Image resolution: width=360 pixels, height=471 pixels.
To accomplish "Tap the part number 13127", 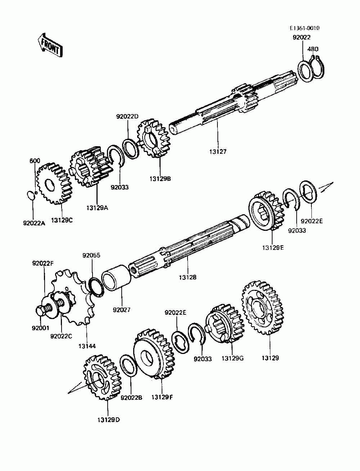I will [x=217, y=152].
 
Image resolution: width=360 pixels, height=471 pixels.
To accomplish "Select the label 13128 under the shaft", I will [x=188, y=277].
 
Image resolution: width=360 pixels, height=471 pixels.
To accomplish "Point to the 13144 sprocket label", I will [x=87, y=346].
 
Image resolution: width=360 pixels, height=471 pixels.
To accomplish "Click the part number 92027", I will [x=121, y=310].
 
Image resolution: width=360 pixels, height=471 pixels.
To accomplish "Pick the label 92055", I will [x=91, y=256].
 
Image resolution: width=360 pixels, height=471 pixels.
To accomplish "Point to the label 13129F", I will [x=162, y=397].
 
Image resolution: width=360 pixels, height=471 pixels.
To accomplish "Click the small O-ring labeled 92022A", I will [x=31, y=195].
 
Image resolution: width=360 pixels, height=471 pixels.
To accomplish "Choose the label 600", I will [x=35, y=161].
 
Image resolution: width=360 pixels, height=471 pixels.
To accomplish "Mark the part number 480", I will [x=313, y=49].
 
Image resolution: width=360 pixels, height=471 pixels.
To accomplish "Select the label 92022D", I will [x=127, y=117].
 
